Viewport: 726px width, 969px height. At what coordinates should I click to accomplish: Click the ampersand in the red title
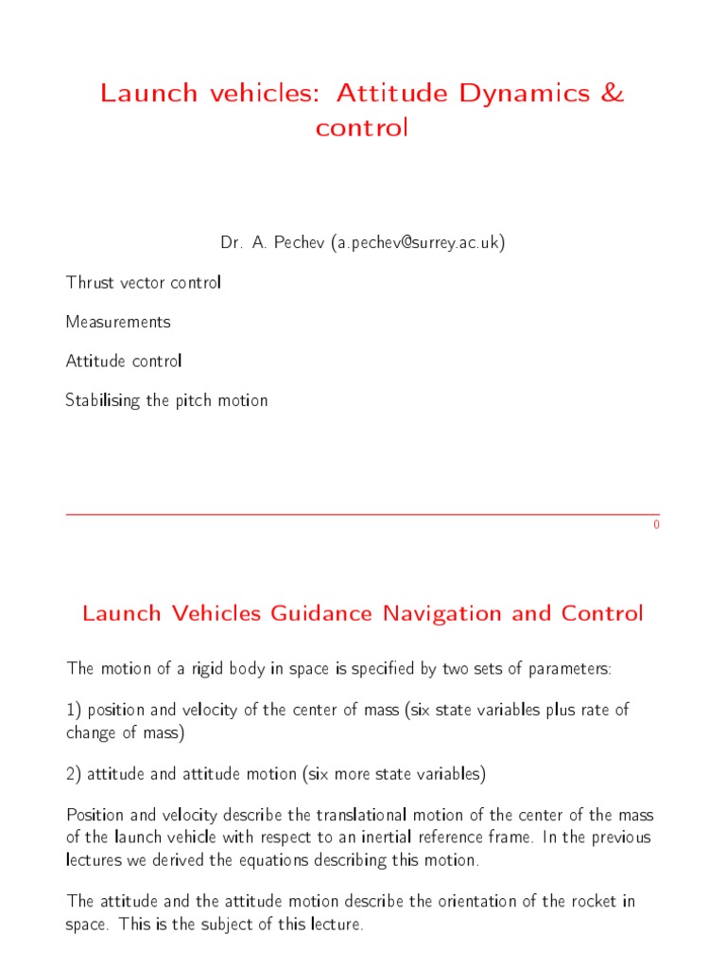click(613, 93)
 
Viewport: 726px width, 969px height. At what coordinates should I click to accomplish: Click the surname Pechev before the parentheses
click(299, 243)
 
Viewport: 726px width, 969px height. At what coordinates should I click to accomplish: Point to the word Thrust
click(88, 283)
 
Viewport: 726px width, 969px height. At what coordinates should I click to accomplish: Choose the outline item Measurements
click(118, 322)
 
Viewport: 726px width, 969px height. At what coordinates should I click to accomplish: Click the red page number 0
click(656, 525)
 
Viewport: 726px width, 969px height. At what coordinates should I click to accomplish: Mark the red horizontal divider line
click(362, 513)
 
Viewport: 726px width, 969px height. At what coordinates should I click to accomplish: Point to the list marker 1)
click(74, 710)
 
